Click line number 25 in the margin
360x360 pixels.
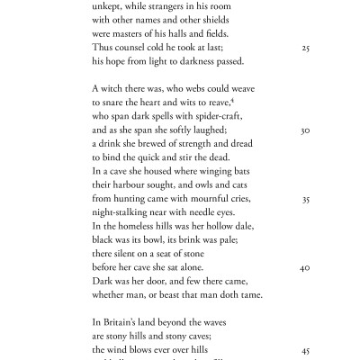(305, 48)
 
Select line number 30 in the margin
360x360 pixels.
(305, 130)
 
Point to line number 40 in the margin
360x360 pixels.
(305, 268)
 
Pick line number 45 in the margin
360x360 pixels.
(305, 351)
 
